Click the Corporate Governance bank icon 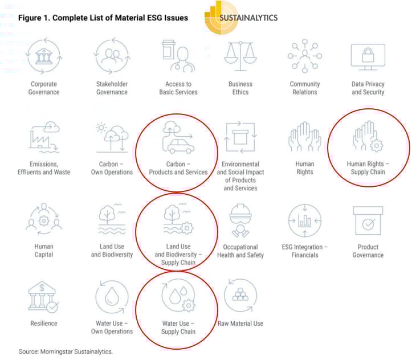click(44, 56)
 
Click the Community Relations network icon click(304, 56)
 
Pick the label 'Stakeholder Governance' click(112, 88)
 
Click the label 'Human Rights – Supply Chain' click(368, 167)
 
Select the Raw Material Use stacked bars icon click(240, 296)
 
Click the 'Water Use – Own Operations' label click(112, 328)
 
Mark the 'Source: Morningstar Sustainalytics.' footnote click(66, 351)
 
